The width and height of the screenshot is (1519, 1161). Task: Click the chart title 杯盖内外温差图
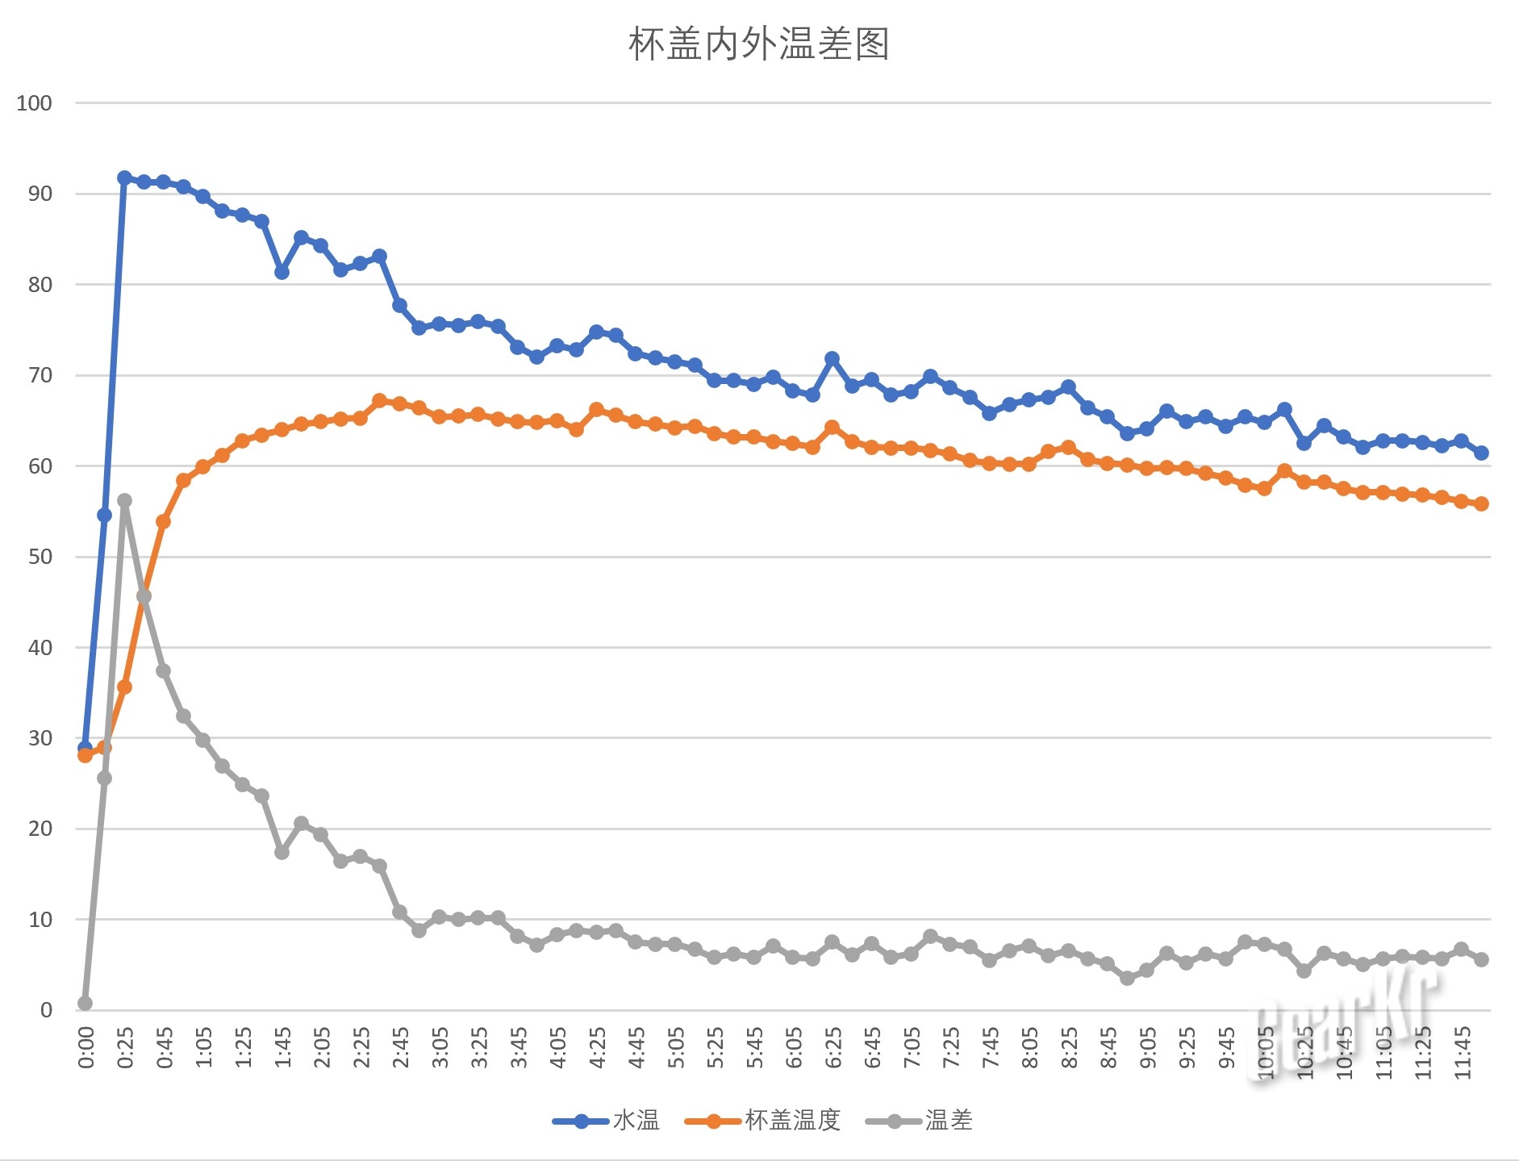click(x=758, y=44)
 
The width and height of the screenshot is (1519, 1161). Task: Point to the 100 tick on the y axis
click(x=34, y=103)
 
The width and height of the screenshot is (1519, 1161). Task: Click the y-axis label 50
click(x=40, y=557)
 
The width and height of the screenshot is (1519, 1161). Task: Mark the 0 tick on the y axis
click(x=46, y=1010)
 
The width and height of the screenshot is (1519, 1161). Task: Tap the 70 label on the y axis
click(x=40, y=375)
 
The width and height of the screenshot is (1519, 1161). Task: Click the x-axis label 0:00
click(x=86, y=1047)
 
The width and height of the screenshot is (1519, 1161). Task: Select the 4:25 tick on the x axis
click(x=598, y=1047)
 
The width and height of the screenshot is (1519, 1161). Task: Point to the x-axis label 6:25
click(x=833, y=1047)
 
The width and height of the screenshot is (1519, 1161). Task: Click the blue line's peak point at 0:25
click(x=124, y=178)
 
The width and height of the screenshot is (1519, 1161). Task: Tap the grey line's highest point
click(x=124, y=501)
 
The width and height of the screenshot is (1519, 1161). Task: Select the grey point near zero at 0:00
click(x=85, y=1003)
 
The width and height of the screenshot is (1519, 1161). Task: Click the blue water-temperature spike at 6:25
click(x=832, y=358)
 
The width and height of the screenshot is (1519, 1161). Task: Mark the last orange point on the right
click(x=1481, y=503)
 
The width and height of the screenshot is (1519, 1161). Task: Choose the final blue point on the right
click(x=1481, y=453)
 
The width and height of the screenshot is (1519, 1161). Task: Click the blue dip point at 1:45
click(x=282, y=272)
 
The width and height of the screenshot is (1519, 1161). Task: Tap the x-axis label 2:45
click(x=401, y=1047)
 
